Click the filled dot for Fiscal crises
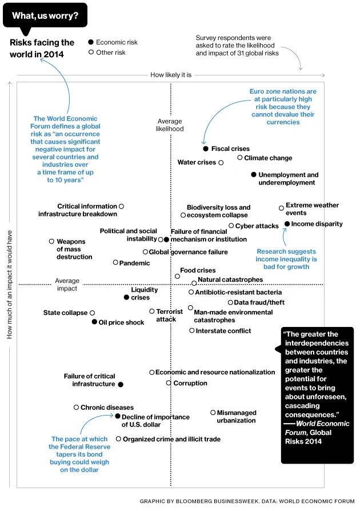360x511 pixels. (x=206, y=149)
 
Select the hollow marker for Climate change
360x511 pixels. (x=240, y=158)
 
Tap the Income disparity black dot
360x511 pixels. (x=287, y=223)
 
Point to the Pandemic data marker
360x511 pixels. (x=115, y=262)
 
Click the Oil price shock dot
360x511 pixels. (x=94, y=322)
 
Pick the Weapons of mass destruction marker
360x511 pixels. (x=51, y=242)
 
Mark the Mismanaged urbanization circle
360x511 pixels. (x=213, y=412)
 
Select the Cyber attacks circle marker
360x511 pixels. (x=231, y=226)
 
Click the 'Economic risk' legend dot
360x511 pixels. (x=90, y=42)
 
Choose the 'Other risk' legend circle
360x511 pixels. (x=90, y=53)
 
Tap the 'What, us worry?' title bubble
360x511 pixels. (x=45, y=15)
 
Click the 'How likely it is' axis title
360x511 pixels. (x=170, y=75)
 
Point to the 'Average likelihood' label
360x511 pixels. (x=170, y=125)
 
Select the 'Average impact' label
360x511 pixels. (x=67, y=285)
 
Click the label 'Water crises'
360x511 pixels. (x=197, y=162)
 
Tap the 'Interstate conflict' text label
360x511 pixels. (x=223, y=331)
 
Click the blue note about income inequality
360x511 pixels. (x=286, y=259)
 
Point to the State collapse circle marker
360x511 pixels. (x=92, y=313)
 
